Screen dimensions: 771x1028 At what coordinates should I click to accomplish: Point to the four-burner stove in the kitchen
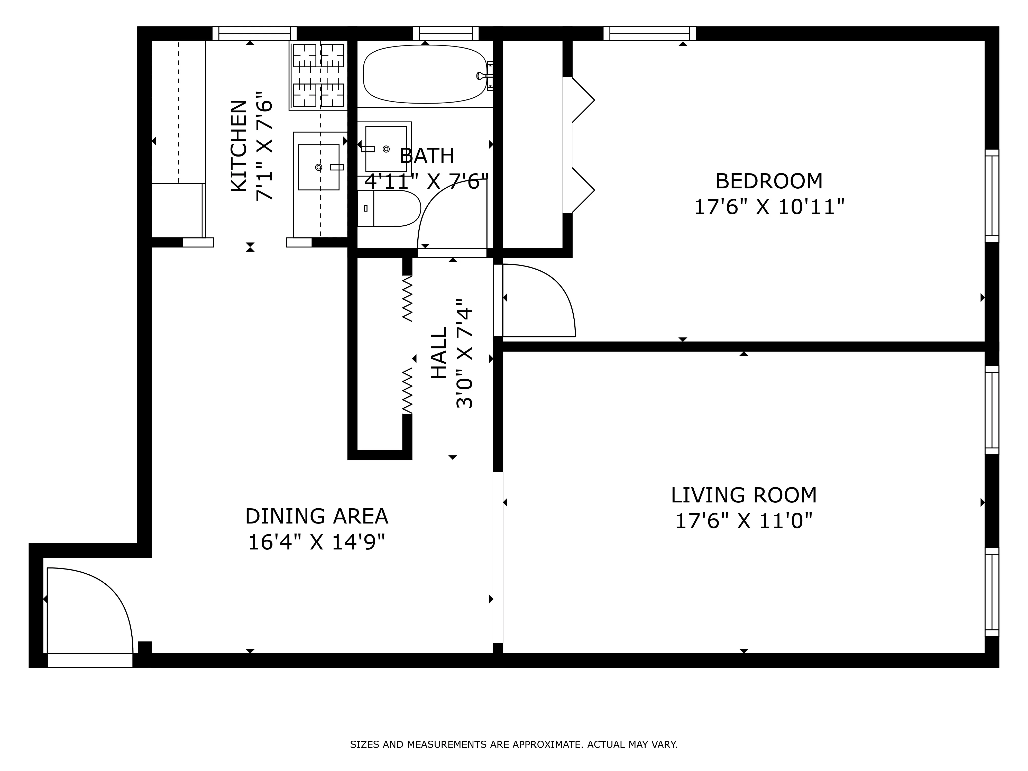pos(318,75)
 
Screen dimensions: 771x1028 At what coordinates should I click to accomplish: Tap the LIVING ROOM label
pos(743,495)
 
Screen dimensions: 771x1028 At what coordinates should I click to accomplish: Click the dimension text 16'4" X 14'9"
pos(316,542)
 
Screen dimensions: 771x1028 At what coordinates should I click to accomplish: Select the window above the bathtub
pos(446,33)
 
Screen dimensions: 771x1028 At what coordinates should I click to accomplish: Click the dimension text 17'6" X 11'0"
pos(743,521)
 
